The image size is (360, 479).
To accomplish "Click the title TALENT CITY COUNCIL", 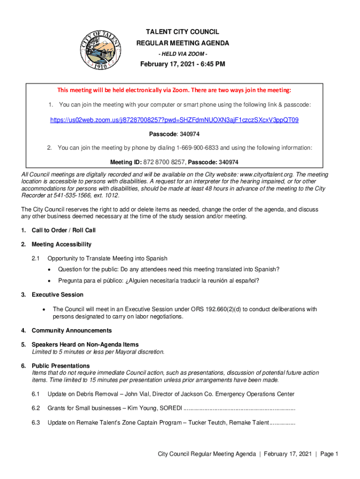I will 182,32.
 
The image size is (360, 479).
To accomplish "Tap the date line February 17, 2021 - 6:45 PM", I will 183,64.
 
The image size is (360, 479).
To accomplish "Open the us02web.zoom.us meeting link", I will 174,120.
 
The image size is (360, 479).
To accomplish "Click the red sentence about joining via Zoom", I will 174,90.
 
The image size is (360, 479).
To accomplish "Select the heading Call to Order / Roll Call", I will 64,230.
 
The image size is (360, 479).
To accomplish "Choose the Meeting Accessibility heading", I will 61,244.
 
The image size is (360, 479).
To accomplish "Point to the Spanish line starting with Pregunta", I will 158,281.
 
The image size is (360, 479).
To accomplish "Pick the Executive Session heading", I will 58,295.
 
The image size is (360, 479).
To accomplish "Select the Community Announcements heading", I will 72,331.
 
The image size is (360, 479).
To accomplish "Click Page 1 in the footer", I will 329,454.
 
